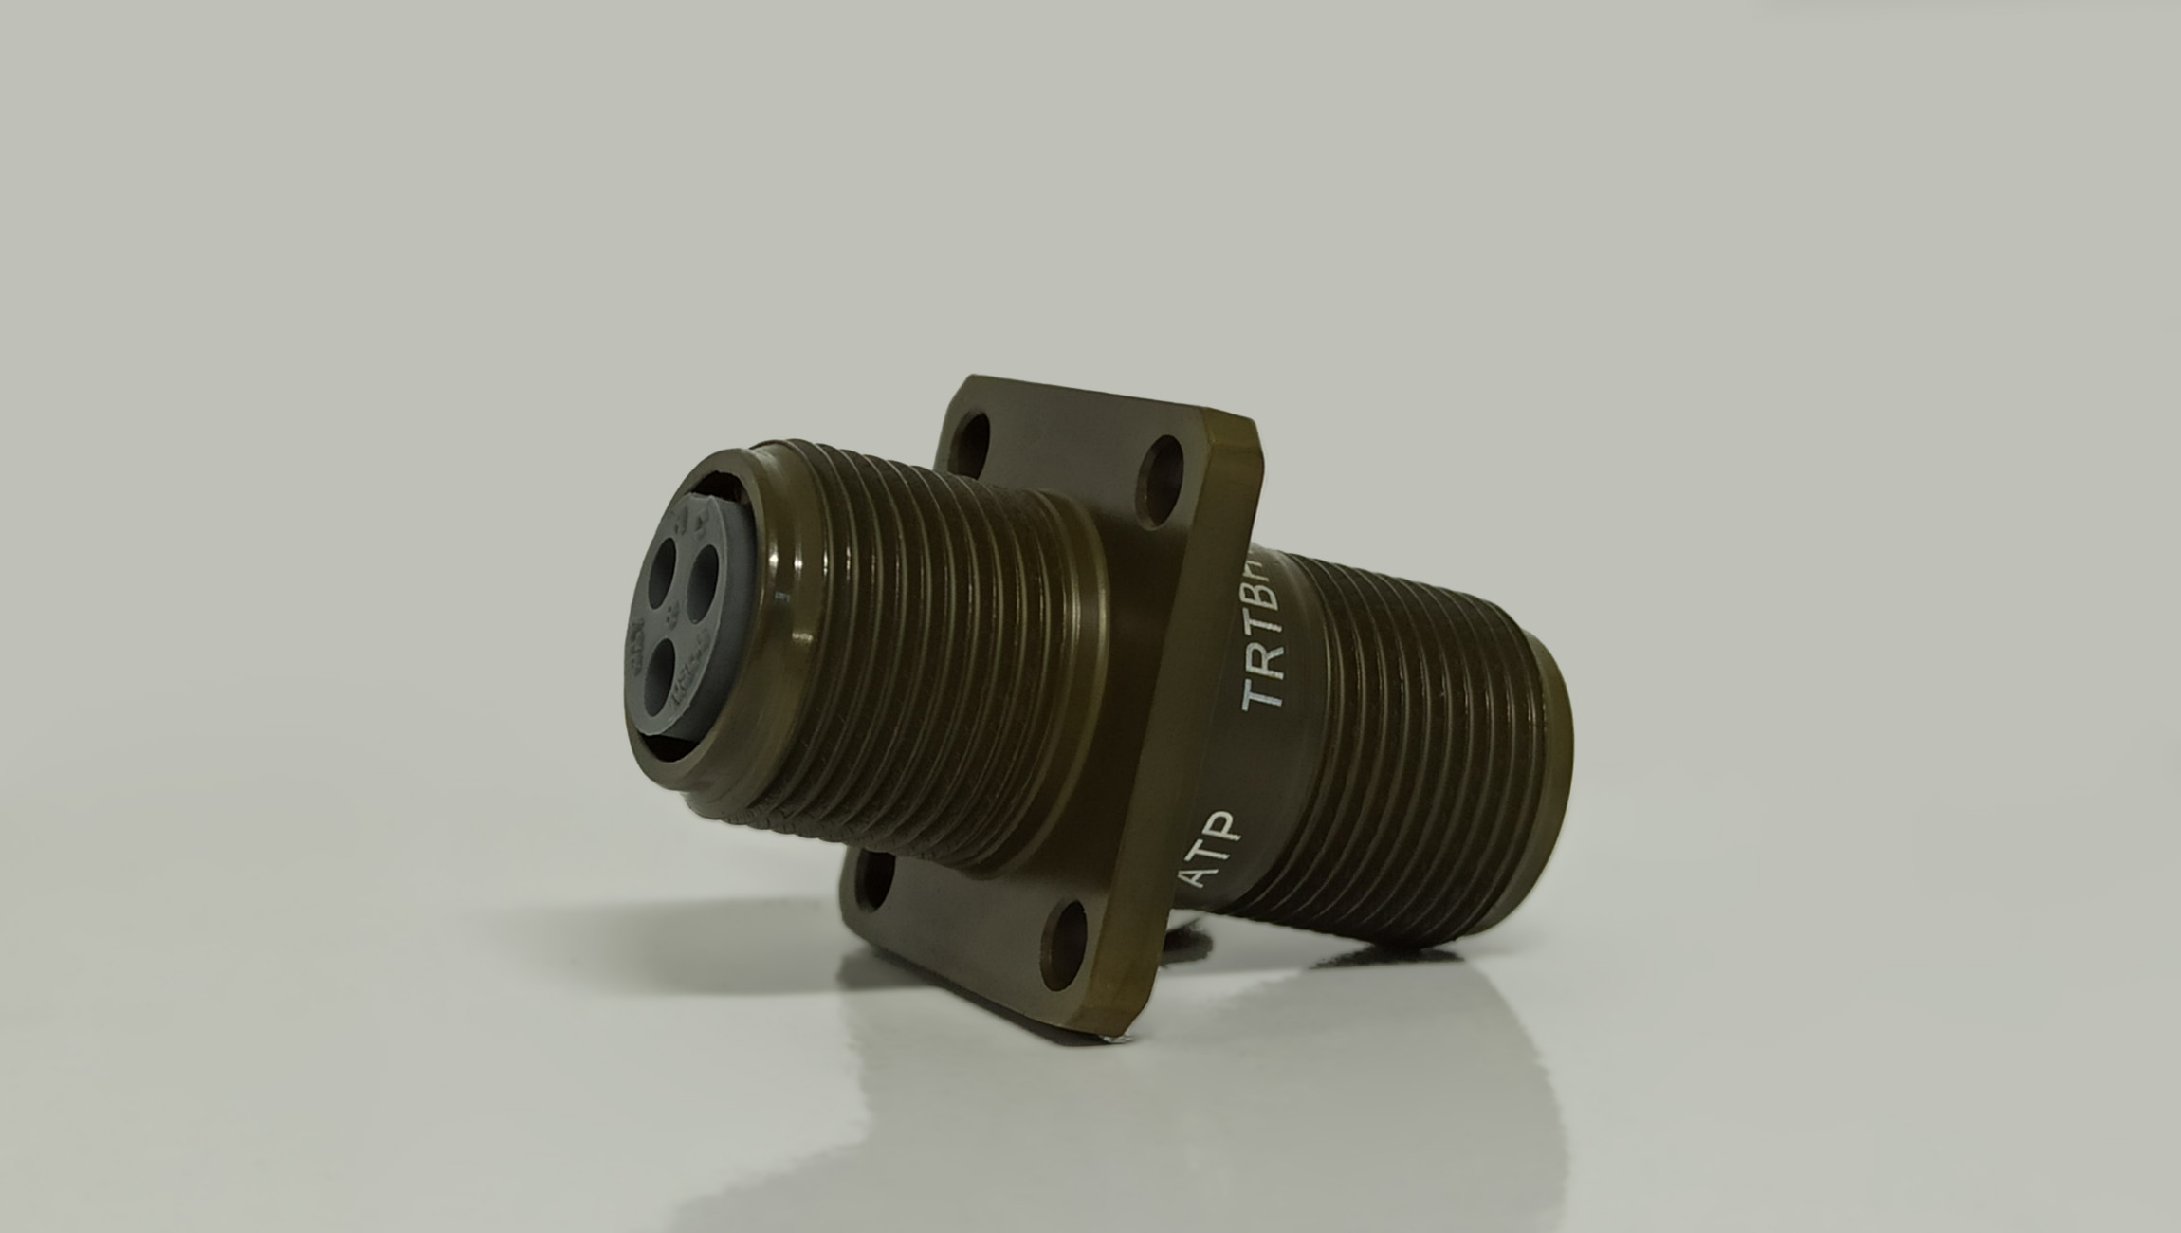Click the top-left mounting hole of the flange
971,437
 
